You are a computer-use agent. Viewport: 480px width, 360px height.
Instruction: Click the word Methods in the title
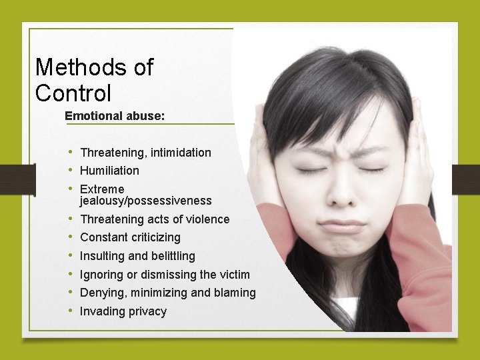coord(75,67)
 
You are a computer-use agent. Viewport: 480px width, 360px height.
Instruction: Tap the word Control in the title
coord(73,93)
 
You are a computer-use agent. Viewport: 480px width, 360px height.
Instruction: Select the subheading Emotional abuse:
coord(115,115)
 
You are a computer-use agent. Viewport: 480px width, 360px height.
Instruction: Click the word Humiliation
coord(109,171)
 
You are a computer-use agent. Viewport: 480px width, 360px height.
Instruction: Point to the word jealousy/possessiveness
coord(145,201)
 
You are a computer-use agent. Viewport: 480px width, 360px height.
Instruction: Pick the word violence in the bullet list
coord(207,219)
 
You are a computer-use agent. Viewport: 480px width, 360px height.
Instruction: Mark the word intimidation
coord(181,153)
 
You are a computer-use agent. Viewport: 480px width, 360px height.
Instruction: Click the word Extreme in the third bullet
coord(102,189)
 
